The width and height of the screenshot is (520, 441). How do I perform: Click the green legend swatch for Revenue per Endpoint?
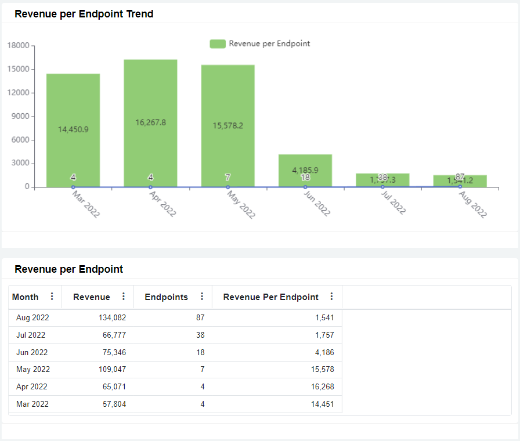218,44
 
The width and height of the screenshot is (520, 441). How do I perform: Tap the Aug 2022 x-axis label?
472,204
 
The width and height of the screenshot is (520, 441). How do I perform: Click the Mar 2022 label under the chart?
86,204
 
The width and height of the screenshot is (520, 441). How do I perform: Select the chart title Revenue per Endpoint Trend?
84,14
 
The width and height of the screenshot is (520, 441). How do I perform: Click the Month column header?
26,297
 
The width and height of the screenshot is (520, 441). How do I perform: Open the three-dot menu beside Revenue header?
123,297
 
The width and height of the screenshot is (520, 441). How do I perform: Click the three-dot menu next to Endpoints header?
202,297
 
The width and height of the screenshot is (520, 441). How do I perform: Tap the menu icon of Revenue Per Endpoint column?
331,297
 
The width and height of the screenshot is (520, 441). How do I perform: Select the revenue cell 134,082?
110,317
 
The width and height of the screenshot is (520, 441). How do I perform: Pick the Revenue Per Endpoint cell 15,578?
322,369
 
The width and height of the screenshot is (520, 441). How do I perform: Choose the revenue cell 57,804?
112,404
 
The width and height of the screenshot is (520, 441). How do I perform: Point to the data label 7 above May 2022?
228,177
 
